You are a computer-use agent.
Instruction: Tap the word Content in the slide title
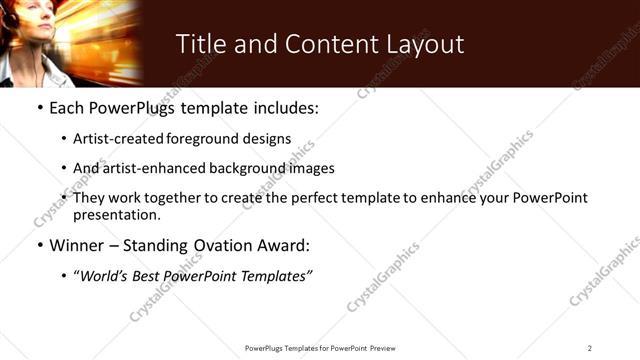pyautogui.click(x=321, y=45)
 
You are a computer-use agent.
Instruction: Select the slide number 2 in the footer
pyautogui.click(x=589, y=348)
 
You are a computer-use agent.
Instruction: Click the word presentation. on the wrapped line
pyautogui.click(x=117, y=215)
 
